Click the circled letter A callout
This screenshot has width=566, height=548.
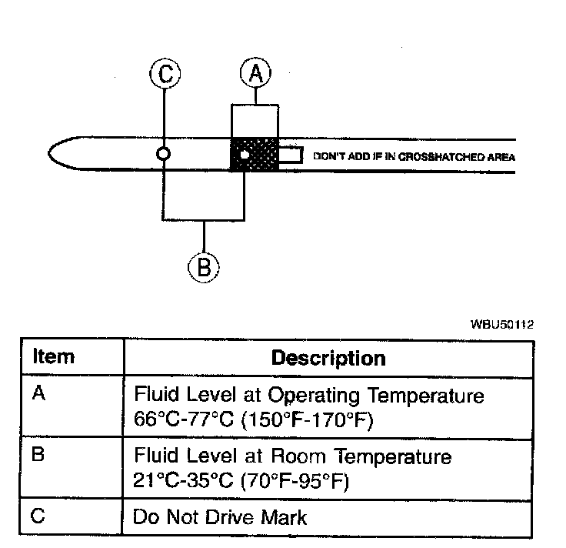click(255, 75)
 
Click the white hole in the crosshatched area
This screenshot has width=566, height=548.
click(245, 155)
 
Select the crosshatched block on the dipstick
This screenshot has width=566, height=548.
click(255, 155)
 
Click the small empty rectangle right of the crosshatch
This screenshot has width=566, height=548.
click(290, 155)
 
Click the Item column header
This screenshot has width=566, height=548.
click(55, 357)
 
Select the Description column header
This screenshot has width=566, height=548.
click(329, 358)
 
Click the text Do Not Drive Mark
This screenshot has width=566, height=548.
click(220, 516)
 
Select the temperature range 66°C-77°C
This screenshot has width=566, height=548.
click(185, 422)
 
